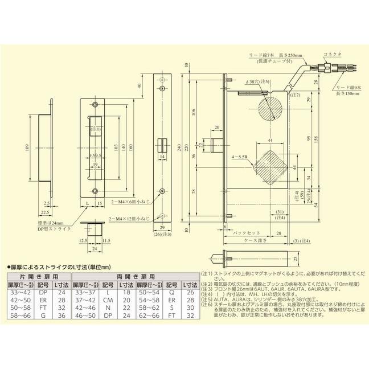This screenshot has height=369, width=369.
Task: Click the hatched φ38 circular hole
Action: click(x=269, y=108)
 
